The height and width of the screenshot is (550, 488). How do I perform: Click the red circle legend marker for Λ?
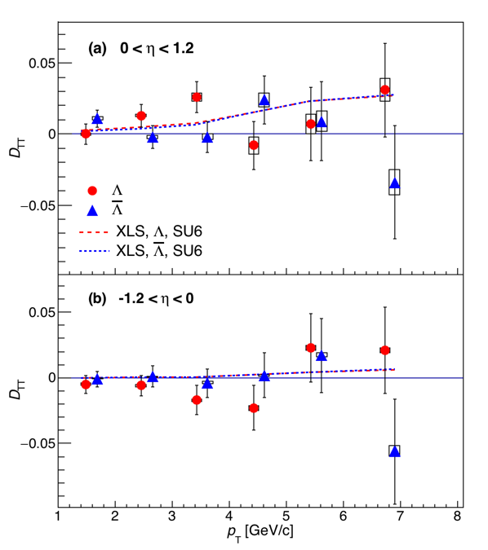[x=92, y=191]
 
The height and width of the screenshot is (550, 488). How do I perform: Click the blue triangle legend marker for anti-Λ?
[x=92, y=210]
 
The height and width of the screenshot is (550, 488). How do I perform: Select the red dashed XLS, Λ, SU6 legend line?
[x=94, y=232]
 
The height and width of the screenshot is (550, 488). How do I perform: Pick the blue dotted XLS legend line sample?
[x=95, y=251]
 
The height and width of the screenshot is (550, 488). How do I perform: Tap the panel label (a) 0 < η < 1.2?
[x=141, y=48]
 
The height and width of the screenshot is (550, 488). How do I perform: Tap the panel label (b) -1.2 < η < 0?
[x=141, y=299]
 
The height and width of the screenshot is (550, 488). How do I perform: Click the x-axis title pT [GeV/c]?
[x=260, y=532]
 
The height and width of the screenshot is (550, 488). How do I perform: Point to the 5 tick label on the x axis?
[x=286, y=517]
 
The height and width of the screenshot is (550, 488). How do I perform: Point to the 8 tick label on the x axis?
[x=457, y=517]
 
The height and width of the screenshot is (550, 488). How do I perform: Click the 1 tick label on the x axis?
[x=58, y=517]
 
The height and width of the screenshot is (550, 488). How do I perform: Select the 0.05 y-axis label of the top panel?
[x=42, y=64]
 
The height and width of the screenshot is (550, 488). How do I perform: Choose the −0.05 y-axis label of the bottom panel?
[x=38, y=444]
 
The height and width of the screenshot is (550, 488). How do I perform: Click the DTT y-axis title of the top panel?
[x=16, y=147]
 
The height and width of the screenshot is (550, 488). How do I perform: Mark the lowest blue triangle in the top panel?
[x=395, y=183]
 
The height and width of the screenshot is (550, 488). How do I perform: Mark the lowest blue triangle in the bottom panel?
[x=395, y=451]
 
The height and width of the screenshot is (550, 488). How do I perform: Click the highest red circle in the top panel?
[x=385, y=90]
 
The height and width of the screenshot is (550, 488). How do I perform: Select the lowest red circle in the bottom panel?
[x=254, y=408]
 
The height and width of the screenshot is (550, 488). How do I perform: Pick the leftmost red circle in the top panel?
[x=86, y=134]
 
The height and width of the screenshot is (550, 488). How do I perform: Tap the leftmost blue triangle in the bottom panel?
[x=97, y=380]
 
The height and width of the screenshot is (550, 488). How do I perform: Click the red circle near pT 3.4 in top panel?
[x=197, y=97]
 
